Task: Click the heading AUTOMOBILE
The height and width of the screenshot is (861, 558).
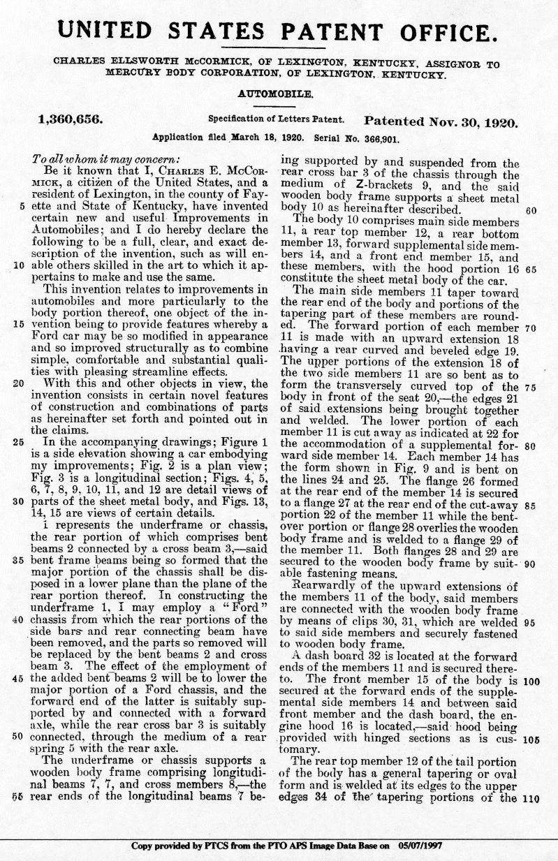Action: pyautogui.click(x=279, y=92)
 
